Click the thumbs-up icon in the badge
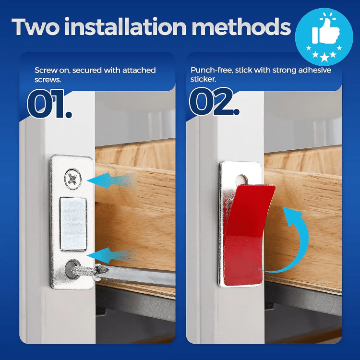(x=325, y=32)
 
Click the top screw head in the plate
(x=73, y=179)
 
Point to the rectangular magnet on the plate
(x=73, y=224)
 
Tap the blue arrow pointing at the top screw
(x=113, y=181)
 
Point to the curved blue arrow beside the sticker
(x=295, y=240)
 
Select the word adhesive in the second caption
(x=312, y=71)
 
